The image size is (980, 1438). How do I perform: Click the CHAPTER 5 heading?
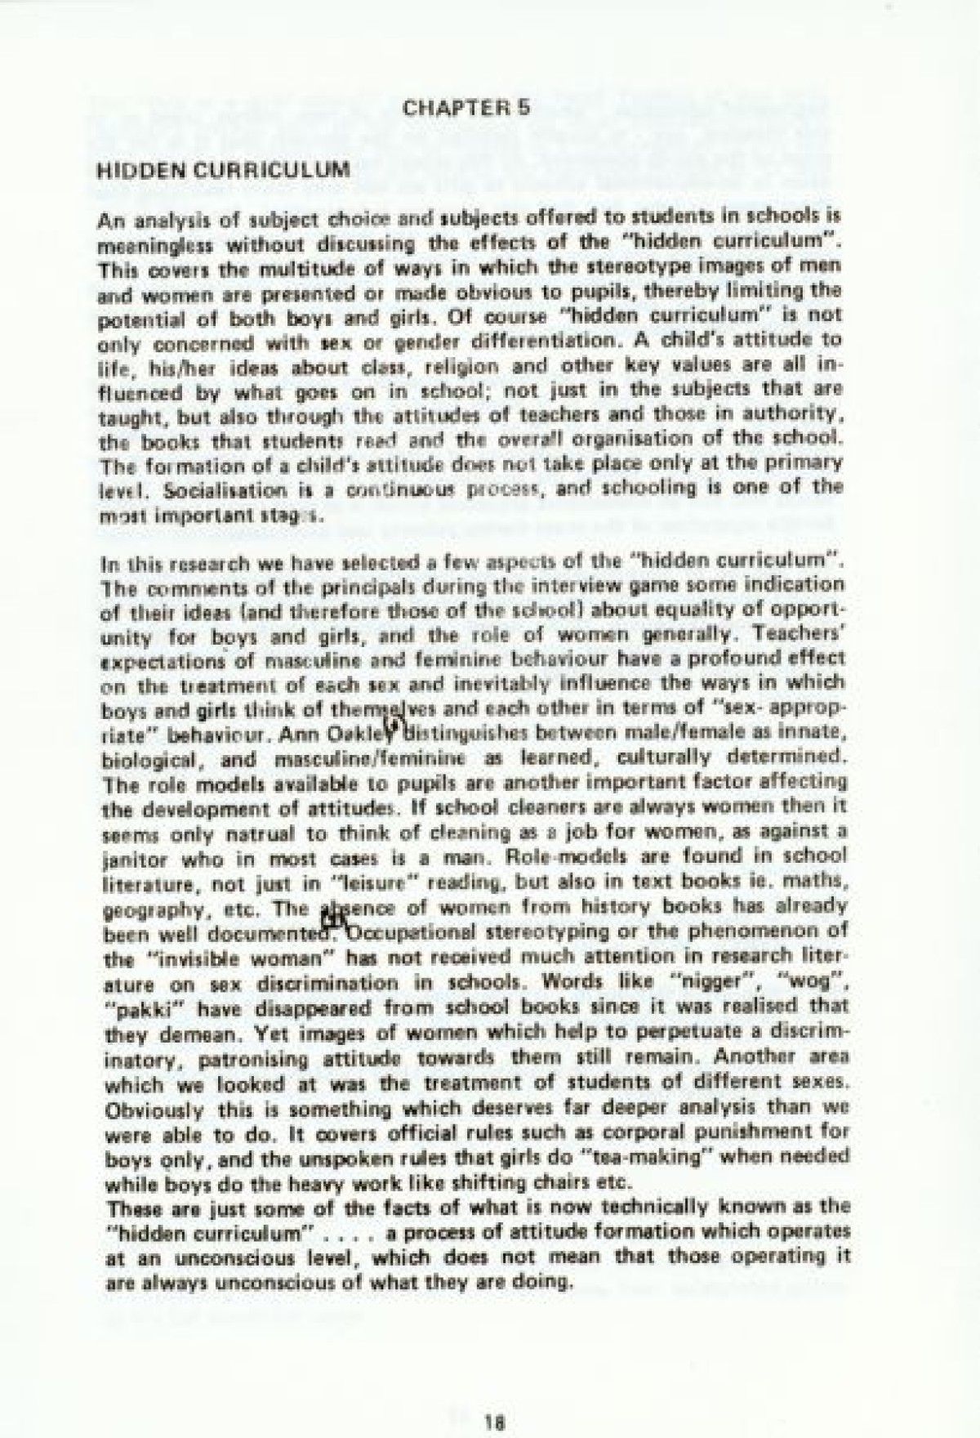468,107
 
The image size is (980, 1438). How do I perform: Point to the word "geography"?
144,906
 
